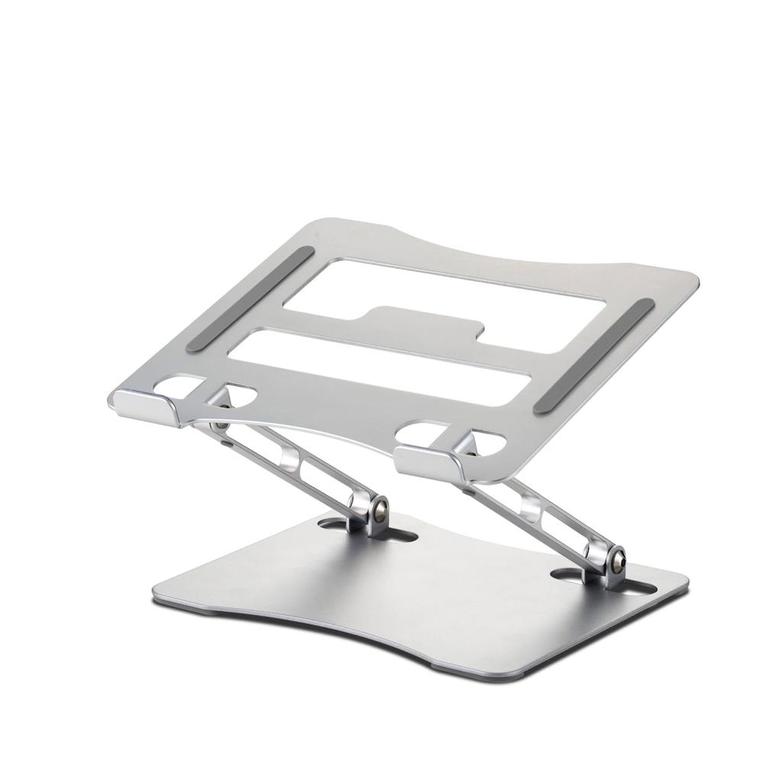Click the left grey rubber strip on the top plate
250,298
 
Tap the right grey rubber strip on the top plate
594,355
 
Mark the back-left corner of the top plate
321,225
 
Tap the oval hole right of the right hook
489,443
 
